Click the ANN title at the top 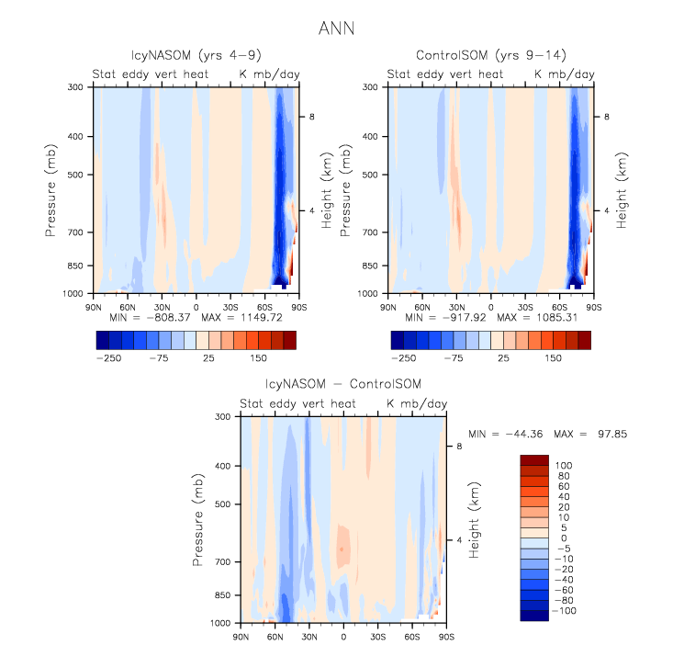pyautogui.click(x=336, y=28)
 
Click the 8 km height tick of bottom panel pyautogui.click(x=448, y=447)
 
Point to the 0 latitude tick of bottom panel pyautogui.click(x=343, y=635)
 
